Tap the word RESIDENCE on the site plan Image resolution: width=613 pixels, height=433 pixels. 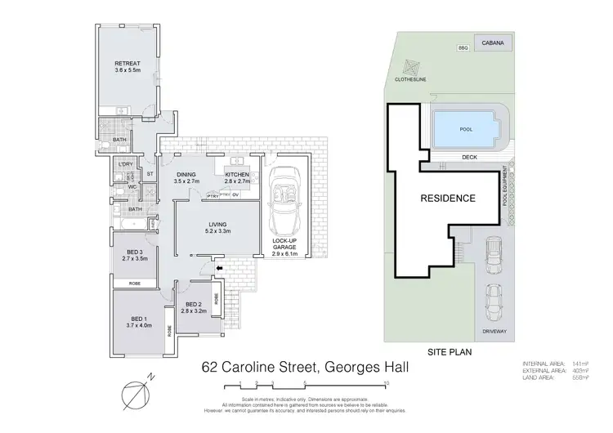(448, 199)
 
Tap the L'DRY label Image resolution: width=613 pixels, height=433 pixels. (124, 165)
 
